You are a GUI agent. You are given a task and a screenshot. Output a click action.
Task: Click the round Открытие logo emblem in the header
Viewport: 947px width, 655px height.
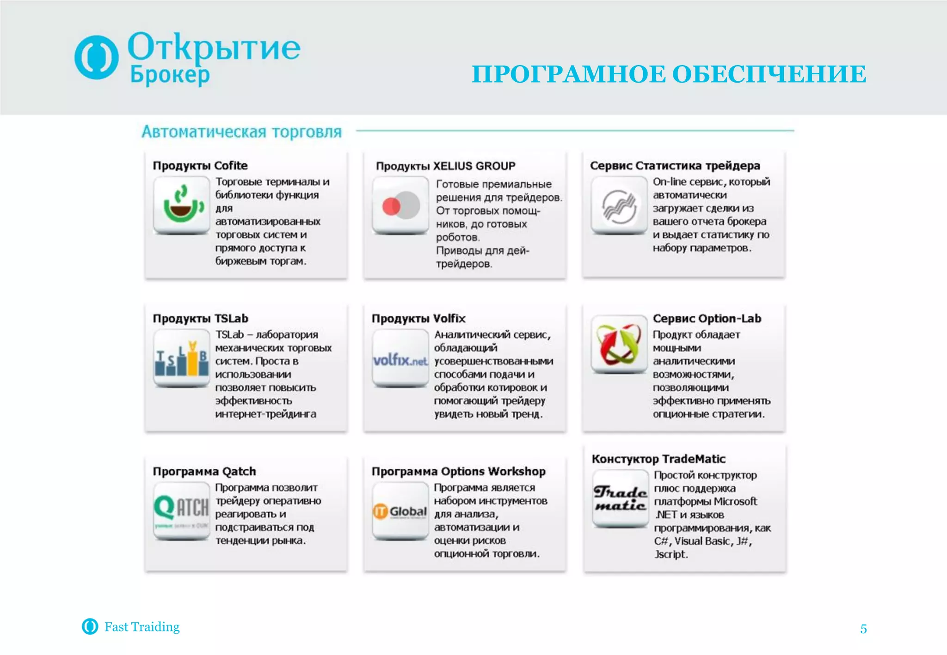[x=96, y=57]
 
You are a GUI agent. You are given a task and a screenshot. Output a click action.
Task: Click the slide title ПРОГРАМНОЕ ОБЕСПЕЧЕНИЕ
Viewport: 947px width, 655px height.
[x=669, y=74]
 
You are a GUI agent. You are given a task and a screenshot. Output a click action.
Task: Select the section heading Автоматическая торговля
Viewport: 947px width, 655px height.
[x=241, y=132]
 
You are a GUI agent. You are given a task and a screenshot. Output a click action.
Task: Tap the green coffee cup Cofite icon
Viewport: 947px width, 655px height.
[x=181, y=205]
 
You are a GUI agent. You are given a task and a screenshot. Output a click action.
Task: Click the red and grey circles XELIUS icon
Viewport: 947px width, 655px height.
[x=400, y=206]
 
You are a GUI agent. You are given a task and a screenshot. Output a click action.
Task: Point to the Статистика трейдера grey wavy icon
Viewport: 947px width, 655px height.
[x=619, y=206]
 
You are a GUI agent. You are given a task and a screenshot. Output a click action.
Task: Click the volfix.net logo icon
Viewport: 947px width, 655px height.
[x=400, y=359]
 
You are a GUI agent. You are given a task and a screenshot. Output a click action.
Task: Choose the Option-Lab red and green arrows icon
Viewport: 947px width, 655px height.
[x=619, y=344]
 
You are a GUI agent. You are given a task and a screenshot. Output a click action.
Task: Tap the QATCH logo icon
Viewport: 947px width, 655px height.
[x=181, y=510]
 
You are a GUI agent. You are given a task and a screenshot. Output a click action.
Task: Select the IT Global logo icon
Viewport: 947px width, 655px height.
[x=400, y=511]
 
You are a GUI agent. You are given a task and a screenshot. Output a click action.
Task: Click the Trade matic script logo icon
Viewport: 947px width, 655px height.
[x=621, y=498]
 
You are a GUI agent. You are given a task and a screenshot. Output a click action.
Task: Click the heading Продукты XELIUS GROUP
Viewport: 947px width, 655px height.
[x=445, y=166]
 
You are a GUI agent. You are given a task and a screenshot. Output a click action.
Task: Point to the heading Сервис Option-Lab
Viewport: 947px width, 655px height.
[x=707, y=319]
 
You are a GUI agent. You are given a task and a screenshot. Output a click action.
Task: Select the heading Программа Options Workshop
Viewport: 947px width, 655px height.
[x=458, y=472]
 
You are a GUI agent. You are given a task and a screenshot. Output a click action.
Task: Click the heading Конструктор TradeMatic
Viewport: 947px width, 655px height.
[x=658, y=459]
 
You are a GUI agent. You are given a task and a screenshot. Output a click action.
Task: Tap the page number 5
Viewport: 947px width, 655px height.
[x=863, y=629]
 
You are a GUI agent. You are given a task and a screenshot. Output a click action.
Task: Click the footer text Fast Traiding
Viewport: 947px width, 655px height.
[x=142, y=627]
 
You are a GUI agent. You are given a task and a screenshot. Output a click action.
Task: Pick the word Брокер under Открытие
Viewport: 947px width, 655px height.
[x=170, y=75]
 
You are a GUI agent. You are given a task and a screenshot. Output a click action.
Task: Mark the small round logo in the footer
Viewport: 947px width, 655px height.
[x=90, y=626]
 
